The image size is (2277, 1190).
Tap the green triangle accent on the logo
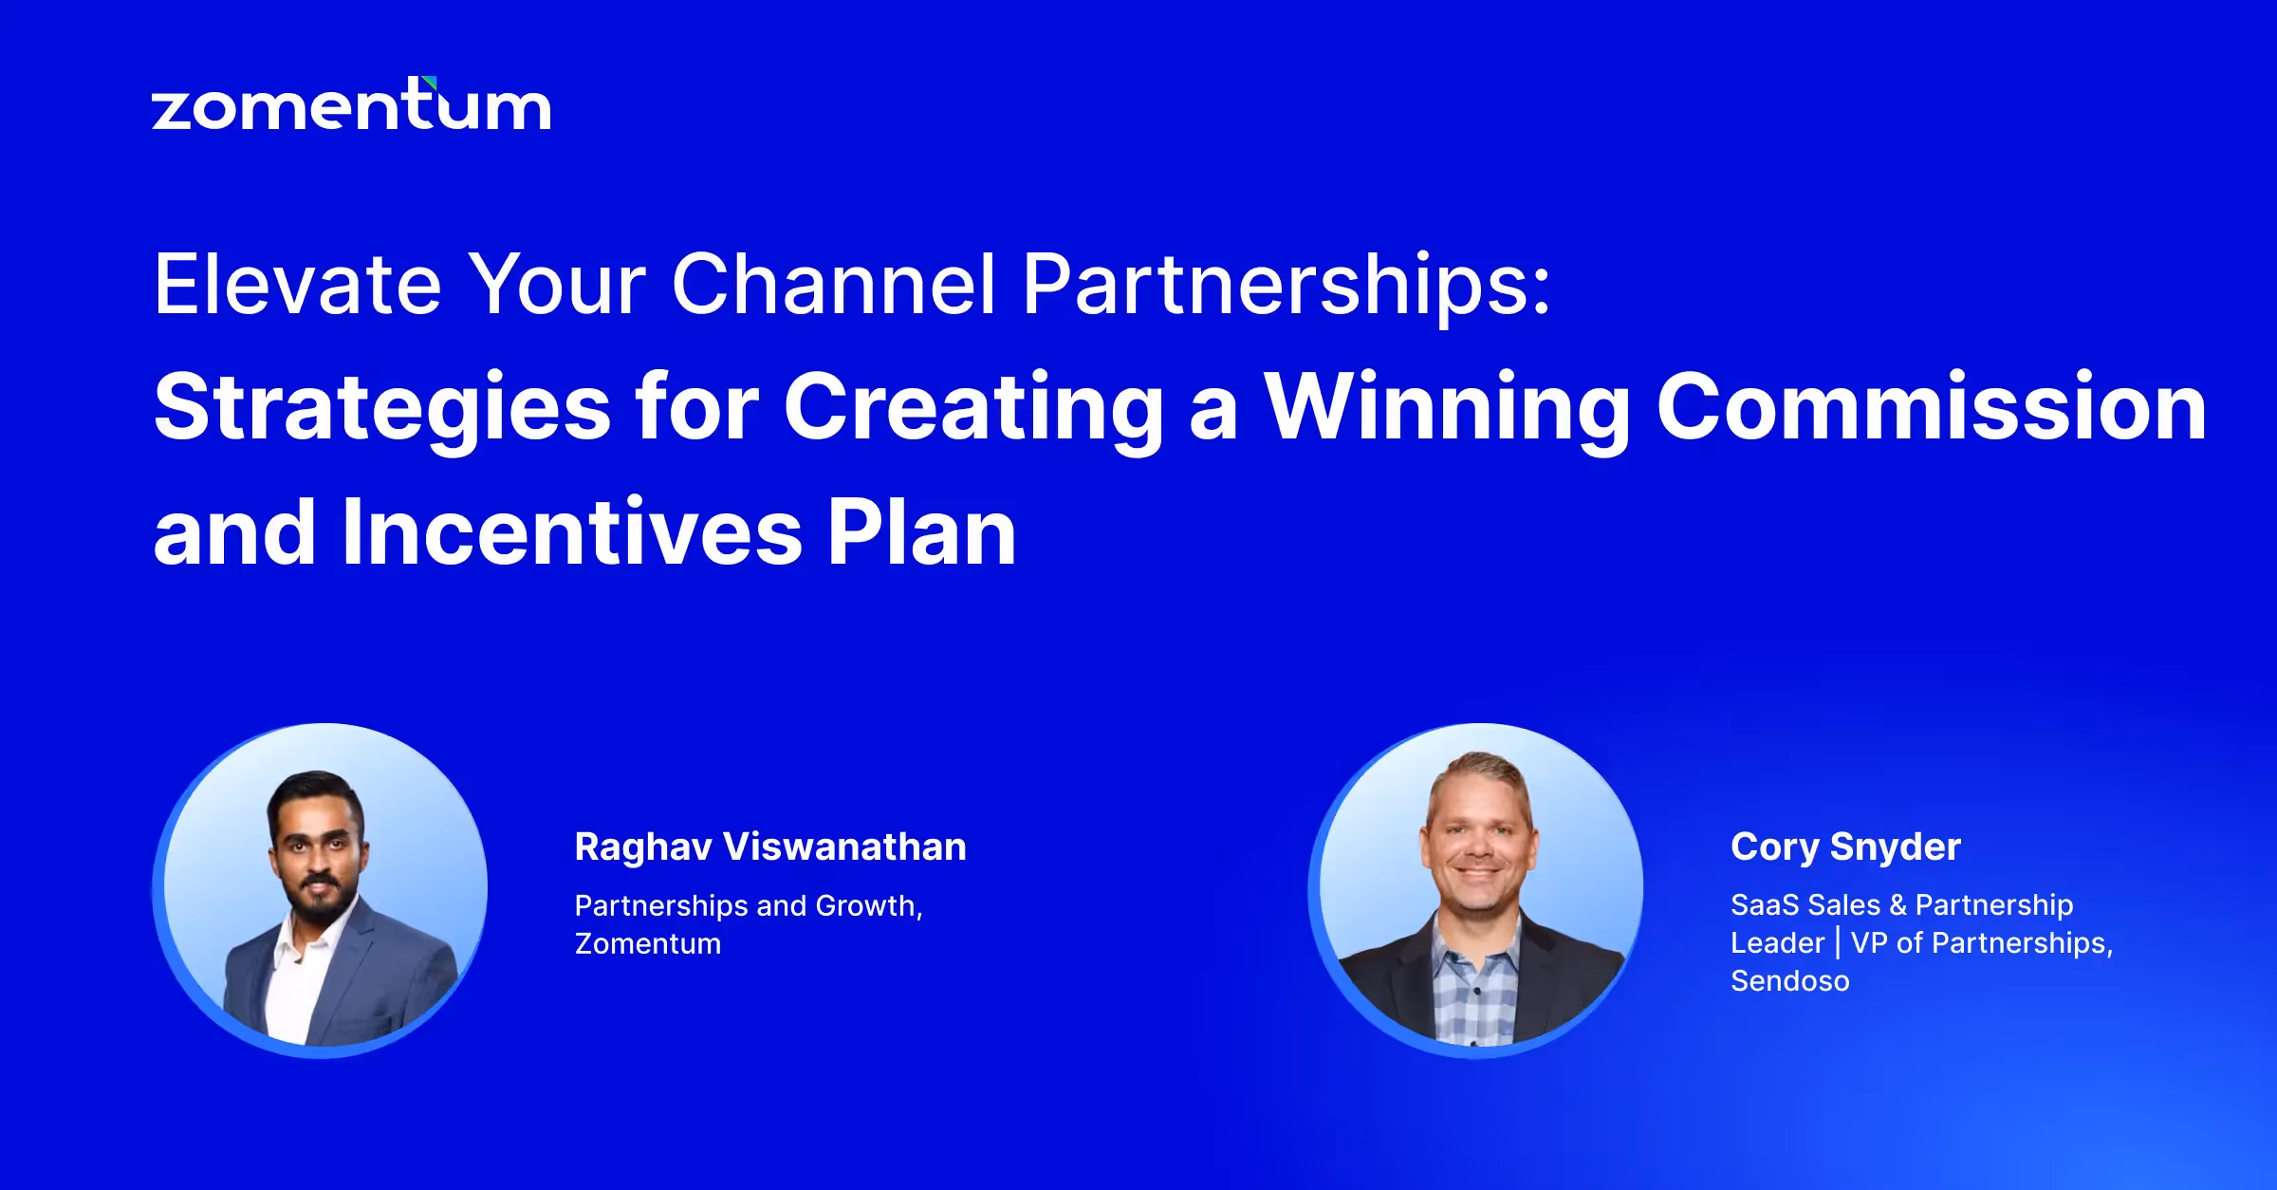pos(430,84)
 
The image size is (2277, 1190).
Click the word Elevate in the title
pos(297,284)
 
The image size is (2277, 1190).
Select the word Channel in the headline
pos(833,284)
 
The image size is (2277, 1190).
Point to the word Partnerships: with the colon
pos(1287,284)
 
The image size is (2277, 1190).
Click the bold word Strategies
pos(381,408)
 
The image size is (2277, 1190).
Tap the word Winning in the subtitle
pos(1448,408)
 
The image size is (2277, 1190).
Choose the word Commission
pos(1931,408)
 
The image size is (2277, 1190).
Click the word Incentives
pos(572,533)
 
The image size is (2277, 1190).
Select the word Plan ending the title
pos(921,533)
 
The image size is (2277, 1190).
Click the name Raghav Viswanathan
pos(769,846)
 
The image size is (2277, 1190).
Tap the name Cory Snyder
pos(1844,846)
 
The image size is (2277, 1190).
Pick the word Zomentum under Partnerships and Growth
pos(648,944)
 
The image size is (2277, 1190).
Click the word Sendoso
pos(1789,981)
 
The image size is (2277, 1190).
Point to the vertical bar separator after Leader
pos(1838,942)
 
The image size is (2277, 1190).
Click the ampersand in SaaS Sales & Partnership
pos(1897,905)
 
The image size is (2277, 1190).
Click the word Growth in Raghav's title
pos(867,906)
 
